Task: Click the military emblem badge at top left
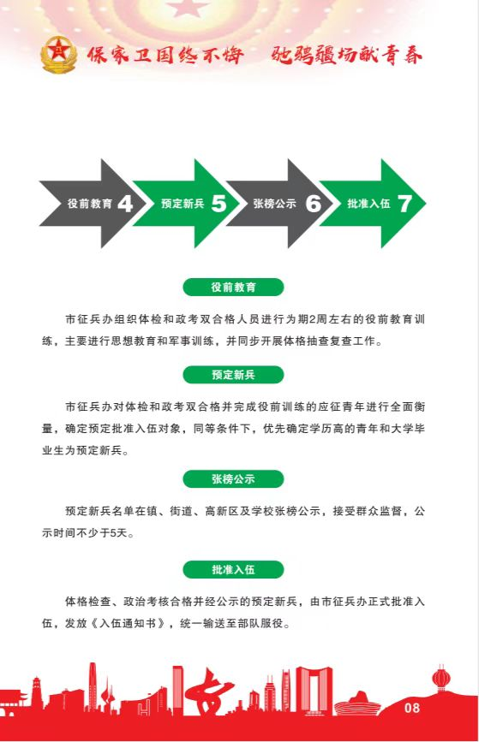click(x=58, y=55)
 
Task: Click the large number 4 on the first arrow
click(x=125, y=204)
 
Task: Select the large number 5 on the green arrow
click(x=219, y=204)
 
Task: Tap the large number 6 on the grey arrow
click(x=313, y=204)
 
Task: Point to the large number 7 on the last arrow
click(x=404, y=204)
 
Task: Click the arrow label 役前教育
click(x=90, y=204)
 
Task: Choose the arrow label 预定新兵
click(x=183, y=204)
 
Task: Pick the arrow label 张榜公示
click(x=275, y=204)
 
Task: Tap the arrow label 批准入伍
click(x=368, y=204)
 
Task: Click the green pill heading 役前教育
click(x=233, y=288)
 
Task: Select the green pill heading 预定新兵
click(x=233, y=375)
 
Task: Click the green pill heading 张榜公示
click(x=233, y=479)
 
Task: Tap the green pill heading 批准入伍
click(x=233, y=569)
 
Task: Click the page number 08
click(x=411, y=708)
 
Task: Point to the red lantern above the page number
click(x=440, y=679)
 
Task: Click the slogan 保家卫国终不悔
click(x=166, y=56)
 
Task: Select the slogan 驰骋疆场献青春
click(x=347, y=56)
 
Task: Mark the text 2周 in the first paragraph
click(x=315, y=319)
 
